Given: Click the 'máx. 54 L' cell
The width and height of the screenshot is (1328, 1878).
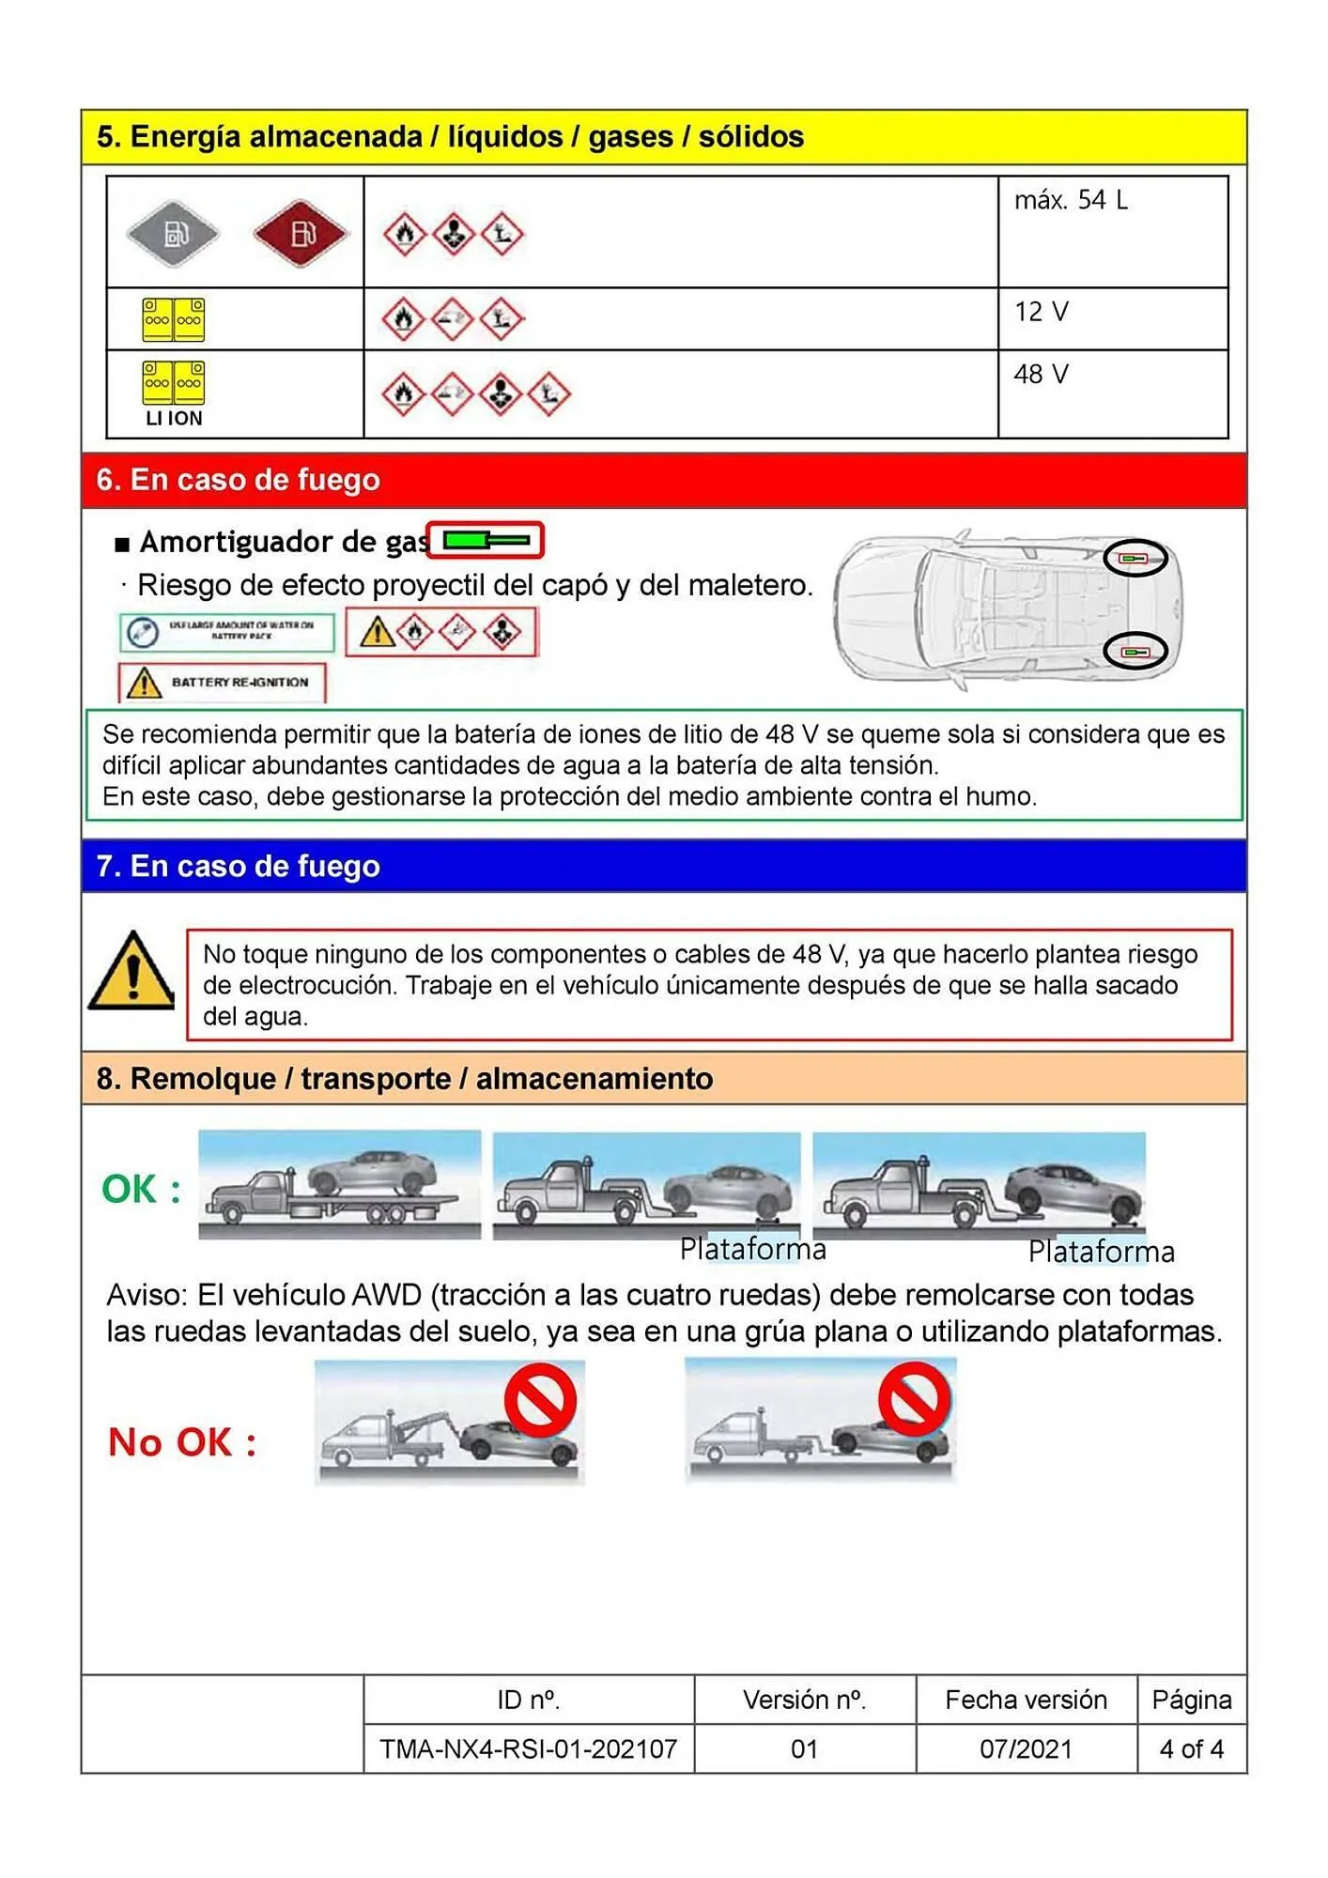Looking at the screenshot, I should click(x=1071, y=200).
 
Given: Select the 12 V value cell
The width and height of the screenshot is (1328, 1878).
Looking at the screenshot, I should click(x=1041, y=312).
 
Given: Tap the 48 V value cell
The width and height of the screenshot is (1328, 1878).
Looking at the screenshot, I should click(x=1041, y=375).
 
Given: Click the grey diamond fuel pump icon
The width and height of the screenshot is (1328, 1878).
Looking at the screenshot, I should click(x=174, y=233).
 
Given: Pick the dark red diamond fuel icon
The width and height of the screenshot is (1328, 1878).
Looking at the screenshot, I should click(x=301, y=233).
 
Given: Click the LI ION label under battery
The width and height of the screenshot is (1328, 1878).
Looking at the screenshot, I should click(x=174, y=419).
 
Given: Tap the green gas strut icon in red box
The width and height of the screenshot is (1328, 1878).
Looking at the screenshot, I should click(x=486, y=540).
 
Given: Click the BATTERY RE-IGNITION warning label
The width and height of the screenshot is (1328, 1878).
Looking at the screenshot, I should click(x=223, y=683).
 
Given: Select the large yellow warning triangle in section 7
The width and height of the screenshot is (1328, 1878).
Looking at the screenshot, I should click(x=132, y=973).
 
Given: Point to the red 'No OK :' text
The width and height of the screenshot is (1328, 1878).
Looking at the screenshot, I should click(x=182, y=1442).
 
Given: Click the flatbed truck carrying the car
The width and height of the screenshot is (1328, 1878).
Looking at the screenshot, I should click(x=339, y=1185).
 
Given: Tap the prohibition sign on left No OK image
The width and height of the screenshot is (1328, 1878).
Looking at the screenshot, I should click(x=540, y=1400).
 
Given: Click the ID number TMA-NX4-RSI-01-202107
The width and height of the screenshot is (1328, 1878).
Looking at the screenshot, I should click(x=528, y=1749).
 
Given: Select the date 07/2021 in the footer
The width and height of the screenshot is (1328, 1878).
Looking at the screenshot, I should click(x=1026, y=1749).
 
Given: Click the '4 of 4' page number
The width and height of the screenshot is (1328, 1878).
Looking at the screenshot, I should click(x=1191, y=1749).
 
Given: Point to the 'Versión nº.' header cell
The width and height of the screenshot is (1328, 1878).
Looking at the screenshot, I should click(x=804, y=1700).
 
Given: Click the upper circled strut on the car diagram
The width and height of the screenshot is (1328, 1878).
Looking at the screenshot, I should click(x=1135, y=559).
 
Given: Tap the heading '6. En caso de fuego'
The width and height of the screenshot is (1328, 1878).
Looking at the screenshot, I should click(x=239, y=480).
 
